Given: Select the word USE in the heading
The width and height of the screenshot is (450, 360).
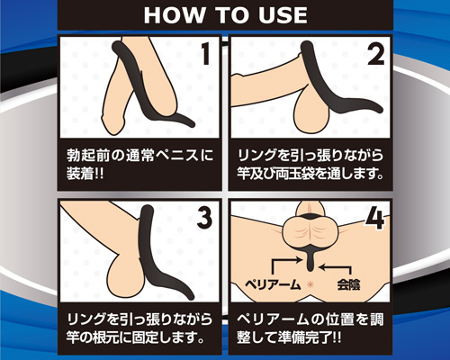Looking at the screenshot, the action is click(282, 15).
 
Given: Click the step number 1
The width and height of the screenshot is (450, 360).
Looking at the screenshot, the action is click(205, 53).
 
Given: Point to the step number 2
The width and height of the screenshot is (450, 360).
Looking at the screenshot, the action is click(376, 53).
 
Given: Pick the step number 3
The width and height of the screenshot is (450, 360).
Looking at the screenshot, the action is click(205, 217).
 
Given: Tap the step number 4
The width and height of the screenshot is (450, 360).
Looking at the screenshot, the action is click(374, 219).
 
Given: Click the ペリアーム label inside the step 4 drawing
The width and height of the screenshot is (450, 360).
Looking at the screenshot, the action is click(273, 284).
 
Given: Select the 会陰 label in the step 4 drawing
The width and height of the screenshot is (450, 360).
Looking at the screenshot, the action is click(348, 284).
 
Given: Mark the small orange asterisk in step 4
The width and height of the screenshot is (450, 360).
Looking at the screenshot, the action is click(310, 284).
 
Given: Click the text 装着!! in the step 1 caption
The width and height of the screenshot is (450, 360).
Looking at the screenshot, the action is click(85, 174).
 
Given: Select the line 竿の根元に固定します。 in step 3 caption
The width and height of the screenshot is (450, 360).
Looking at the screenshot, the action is click(136, 337).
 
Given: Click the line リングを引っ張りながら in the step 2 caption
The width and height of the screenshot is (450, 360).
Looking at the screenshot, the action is click(310, 156).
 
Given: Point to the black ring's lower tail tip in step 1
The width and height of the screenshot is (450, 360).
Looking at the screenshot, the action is click(193, 124).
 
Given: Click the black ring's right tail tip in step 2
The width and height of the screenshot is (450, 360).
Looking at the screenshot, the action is click(381, 110).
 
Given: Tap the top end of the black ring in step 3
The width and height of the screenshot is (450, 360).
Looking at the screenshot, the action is click(147, 208).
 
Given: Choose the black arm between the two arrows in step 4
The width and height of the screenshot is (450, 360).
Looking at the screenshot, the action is click(310, 261).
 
